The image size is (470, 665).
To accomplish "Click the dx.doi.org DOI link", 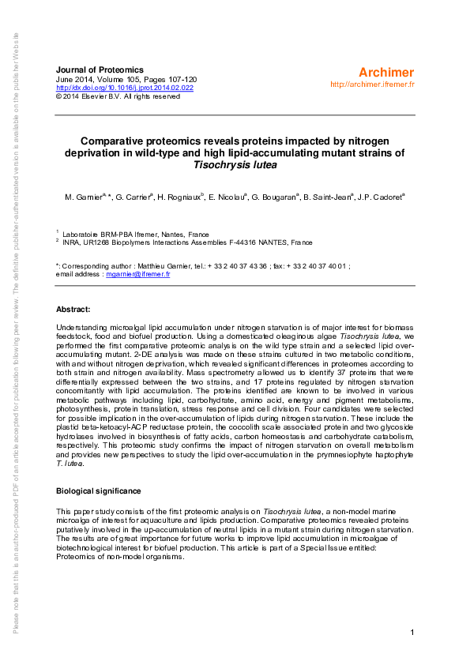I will pos(125,88).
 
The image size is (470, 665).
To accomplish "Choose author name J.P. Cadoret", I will pos(379,195).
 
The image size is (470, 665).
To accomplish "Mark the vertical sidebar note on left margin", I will pos(16,332).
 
